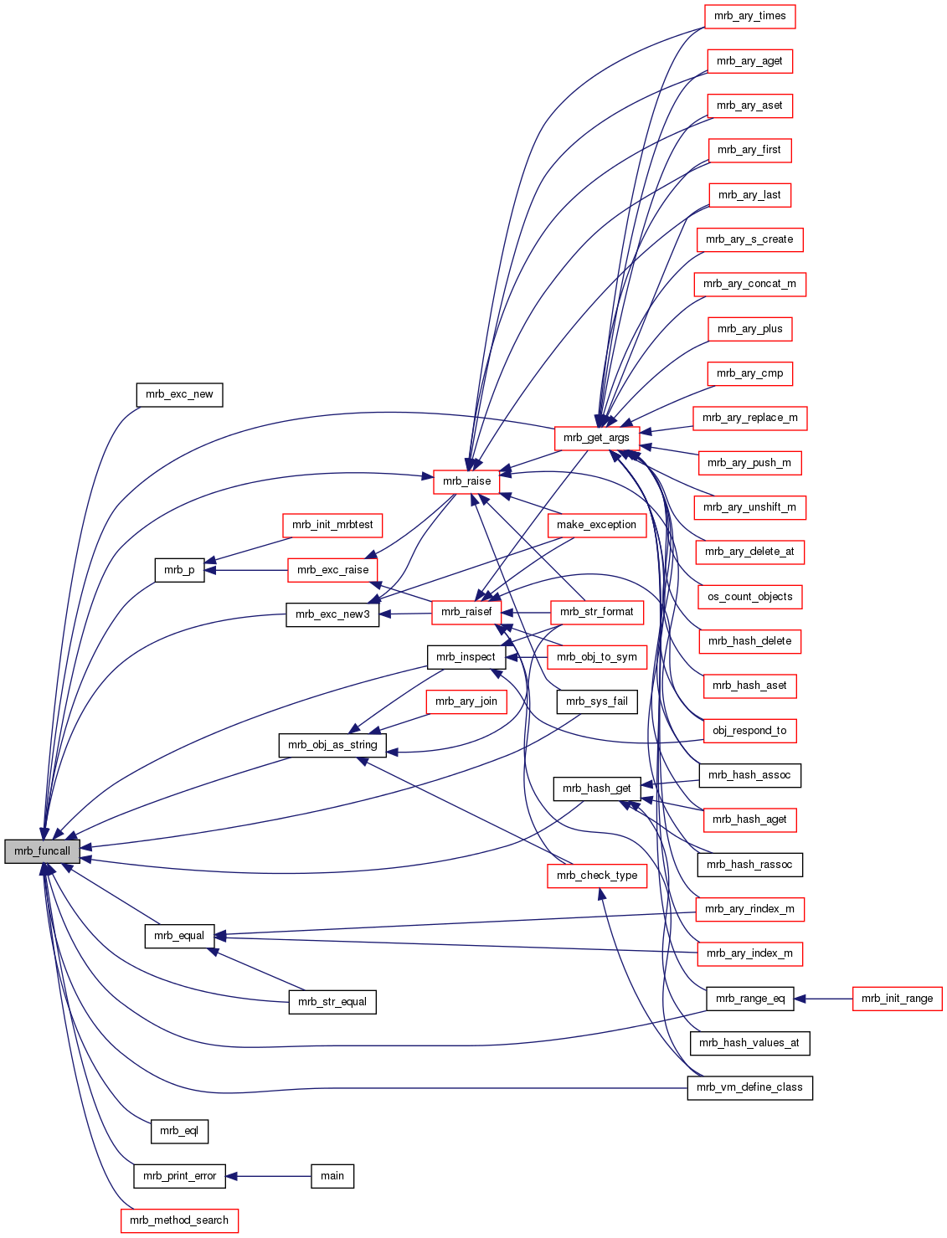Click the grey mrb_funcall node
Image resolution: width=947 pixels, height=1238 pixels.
coord(42,851)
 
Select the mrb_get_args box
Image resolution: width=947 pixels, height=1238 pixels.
coord(596,438)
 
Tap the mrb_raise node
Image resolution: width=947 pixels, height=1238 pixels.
coord(466,481)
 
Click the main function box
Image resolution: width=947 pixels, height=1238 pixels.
coord(332,1176)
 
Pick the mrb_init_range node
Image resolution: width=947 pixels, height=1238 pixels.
coord(897,999)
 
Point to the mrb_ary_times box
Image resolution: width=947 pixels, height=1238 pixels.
coord(749,16)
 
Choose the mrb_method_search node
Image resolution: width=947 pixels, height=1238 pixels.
coord(179,1220)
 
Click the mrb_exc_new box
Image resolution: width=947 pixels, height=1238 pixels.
coord(179,394)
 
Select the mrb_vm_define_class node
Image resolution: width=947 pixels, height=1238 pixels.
coord(749,1087)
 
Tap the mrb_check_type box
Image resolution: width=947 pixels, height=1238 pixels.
coord(597,876)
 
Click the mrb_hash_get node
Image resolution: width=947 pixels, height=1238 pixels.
coord(597,789)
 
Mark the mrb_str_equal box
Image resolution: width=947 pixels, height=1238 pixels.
coord(332,1002)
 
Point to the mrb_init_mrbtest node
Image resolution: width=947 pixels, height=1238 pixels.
coord(332,525)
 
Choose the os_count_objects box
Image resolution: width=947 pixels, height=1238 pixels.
coord(749,597)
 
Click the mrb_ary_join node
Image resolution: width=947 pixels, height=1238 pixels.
coord(466,701)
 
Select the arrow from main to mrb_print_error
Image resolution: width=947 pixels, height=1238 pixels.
coord(268,1176)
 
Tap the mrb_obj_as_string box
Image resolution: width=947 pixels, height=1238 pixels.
coord(332,745)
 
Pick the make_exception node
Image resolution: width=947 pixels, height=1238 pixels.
coord(596,525)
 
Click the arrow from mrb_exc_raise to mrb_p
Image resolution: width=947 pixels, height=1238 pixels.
coord(246,570)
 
